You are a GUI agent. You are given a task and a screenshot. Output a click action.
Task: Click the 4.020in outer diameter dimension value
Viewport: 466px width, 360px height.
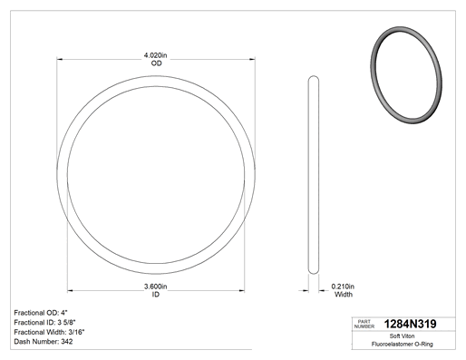pyautogui.click(x=155, y=55)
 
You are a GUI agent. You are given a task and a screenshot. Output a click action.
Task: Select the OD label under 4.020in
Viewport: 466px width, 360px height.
pyautogui.click(x=156, y=63)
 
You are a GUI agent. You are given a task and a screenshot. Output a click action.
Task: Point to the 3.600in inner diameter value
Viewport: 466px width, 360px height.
pyautogui.click(x=156, y=287)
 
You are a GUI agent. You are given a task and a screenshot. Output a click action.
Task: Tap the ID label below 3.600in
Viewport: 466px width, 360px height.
pyautogui.click(x=155, y=294)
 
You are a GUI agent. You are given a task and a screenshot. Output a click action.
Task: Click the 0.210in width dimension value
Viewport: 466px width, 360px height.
pyautogui.click(x=343, y=287)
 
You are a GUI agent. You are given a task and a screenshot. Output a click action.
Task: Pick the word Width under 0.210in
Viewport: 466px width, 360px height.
pyautogui.click(x=344, y=294)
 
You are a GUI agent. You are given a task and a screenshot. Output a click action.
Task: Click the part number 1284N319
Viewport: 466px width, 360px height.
pyautogui.click(x=410, y=324)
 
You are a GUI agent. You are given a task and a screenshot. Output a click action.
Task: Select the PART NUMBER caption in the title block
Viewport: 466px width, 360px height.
pyautogui.click(x=364, y=324)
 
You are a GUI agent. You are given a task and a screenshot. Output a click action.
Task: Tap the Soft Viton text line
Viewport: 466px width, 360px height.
pyautogui.click(x=402, y=336)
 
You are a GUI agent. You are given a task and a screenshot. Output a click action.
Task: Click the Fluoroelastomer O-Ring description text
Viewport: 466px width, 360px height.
pyautogui.click(x=402, y=344)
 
